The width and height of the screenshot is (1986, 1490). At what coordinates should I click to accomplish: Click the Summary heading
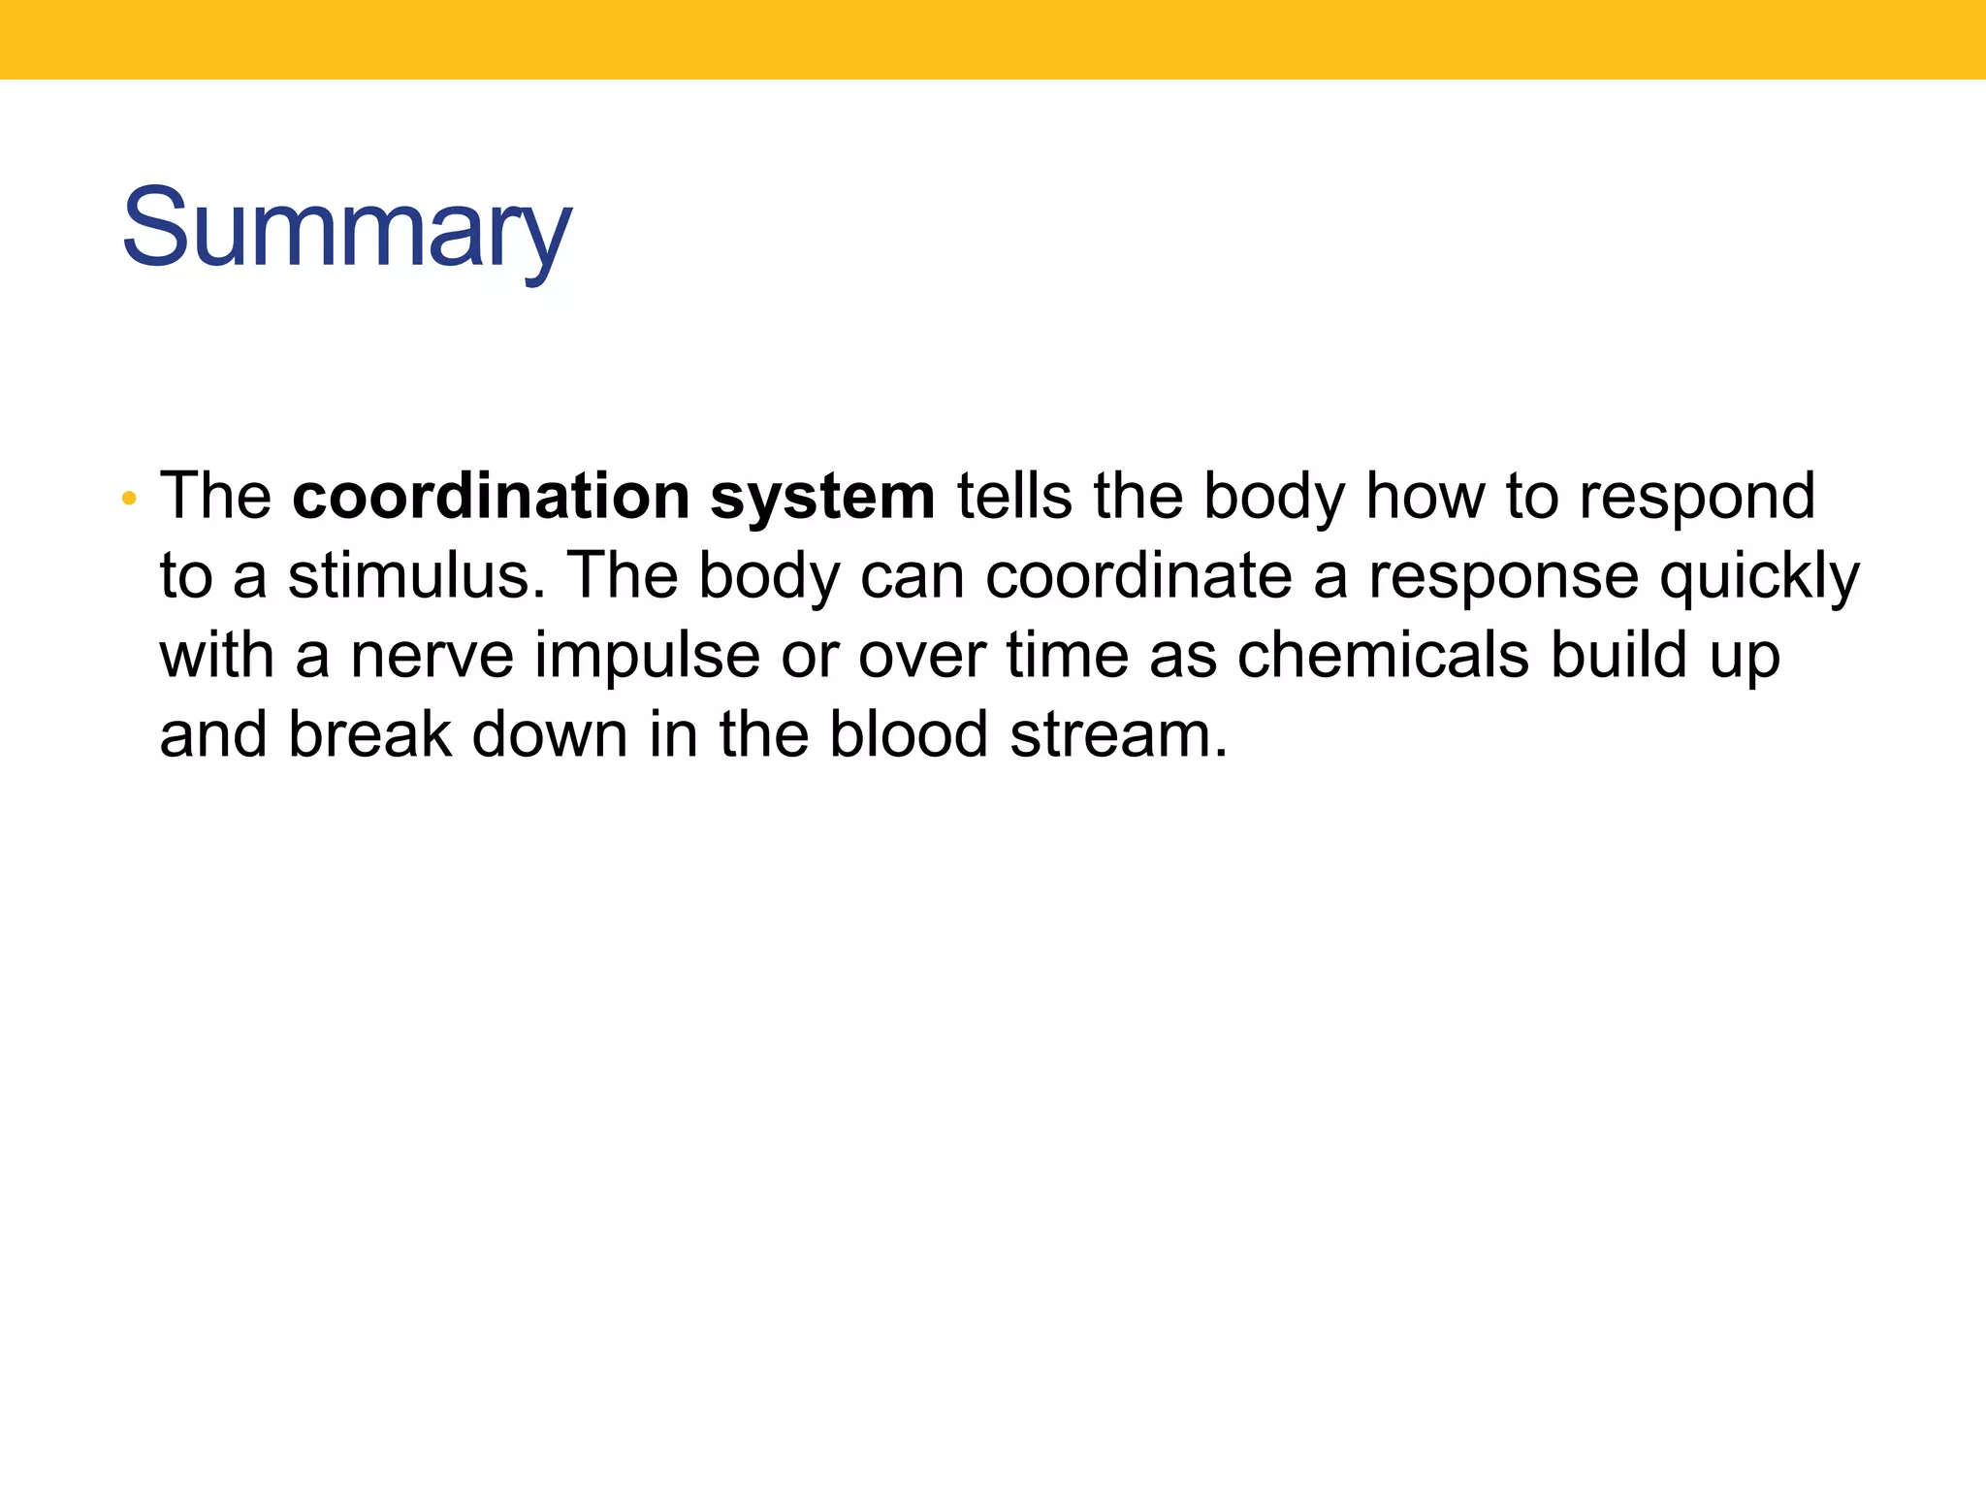(346, 229)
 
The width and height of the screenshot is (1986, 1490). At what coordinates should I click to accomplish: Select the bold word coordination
(491, 496)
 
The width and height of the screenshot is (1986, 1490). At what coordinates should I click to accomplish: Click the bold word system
(821, 498)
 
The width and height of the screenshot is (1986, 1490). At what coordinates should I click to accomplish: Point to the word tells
(1013, 496)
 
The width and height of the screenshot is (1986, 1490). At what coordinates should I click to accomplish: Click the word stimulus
(409, 575)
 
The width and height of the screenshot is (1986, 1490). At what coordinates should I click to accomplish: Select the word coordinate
(1138, 575)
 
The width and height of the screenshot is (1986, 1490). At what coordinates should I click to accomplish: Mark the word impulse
(647, 657)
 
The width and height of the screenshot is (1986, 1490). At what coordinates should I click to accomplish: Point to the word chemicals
(1382, 655)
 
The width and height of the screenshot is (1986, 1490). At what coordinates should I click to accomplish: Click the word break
(369, 734)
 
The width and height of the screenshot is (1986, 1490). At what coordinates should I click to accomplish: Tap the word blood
(908, 734)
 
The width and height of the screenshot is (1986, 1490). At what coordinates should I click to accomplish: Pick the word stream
(1117, 736)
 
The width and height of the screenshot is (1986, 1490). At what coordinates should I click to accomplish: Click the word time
(1067, 655)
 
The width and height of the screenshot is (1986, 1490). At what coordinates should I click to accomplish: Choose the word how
(1424, 496)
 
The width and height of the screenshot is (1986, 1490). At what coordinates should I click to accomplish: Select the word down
(550, 734)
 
